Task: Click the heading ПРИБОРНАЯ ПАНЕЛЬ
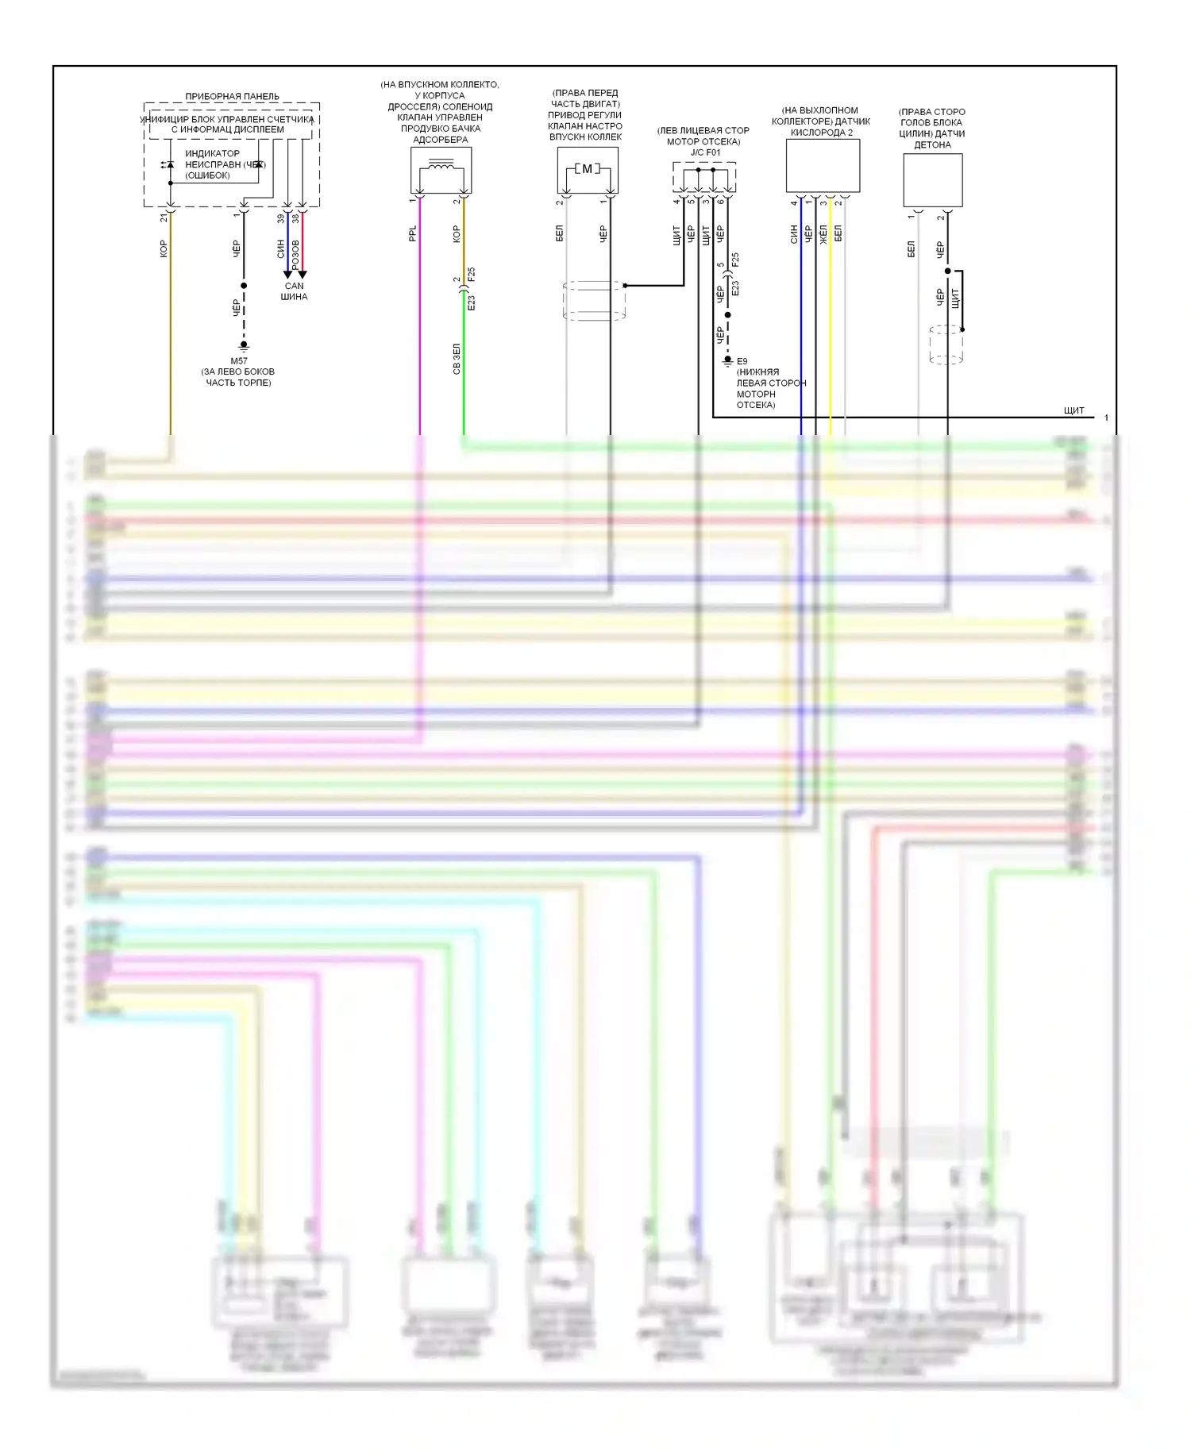[x=232, y=96]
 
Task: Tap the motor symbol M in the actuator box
[x=588, y=168]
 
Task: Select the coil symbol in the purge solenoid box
[x=441, y=166]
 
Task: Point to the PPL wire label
[x=412, y=233]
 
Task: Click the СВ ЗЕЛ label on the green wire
[x=457, y=359]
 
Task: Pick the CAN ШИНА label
[x=294, y=291]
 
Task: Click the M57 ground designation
[x=239, y=360]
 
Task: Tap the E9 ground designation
[x=742, y=361]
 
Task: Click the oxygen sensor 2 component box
[x=823, y=166]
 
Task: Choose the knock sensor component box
[x=932, y=180]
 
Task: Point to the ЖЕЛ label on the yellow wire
[x=823, y=233]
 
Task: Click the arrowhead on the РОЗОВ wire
[x=303, y=275]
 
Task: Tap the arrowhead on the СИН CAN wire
[x=287, y=275]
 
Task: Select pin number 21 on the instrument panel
[x=164, y=217]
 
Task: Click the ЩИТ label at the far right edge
[x=1073, y=410]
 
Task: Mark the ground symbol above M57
[x=244, y=346]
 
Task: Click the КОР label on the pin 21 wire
[x=164, y=248]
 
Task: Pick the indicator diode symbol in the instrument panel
[x=169, y=165]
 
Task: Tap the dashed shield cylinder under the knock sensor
[x=946, y=344]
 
